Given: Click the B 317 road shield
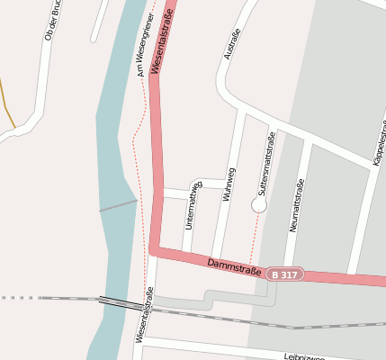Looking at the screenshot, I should coord(285,274).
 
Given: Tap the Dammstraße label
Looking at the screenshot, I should coord(234,266).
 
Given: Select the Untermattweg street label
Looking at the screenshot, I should coord(192,205).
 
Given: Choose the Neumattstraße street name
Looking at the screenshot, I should coord(297,205).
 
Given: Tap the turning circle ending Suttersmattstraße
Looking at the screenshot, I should coord(259,205).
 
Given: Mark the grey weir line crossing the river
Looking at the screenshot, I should coord(117,206).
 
